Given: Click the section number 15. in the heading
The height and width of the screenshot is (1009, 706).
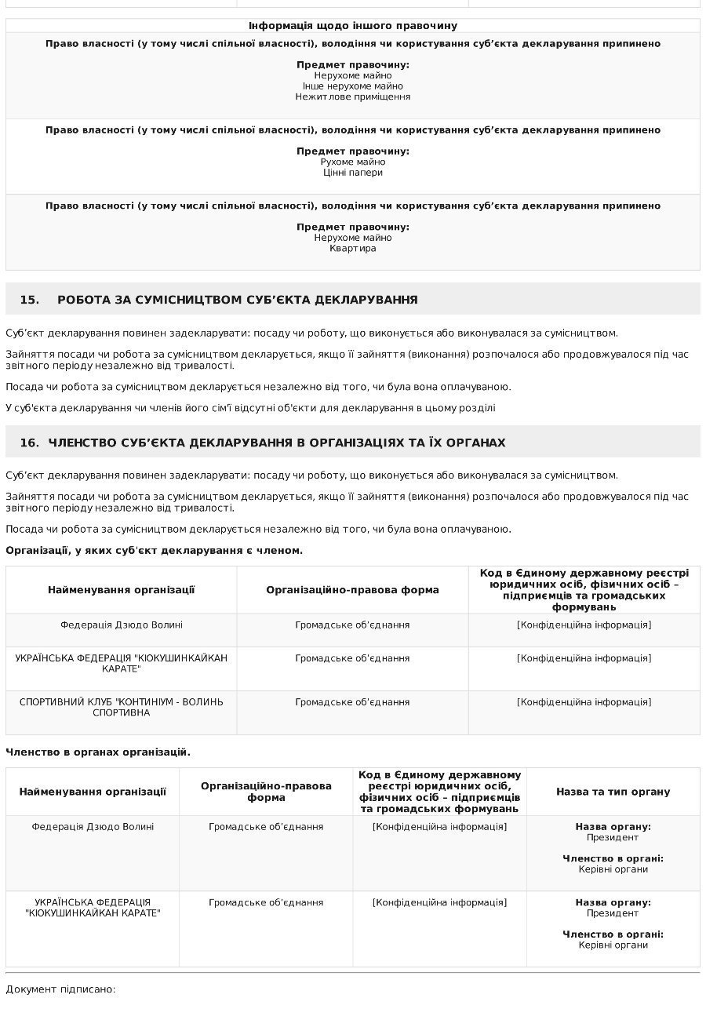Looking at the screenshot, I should [x=29, y=300].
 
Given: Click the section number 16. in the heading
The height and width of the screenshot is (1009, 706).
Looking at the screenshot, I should [x=29, y=443].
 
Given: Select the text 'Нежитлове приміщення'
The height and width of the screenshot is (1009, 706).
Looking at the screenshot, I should [x=353, y=97].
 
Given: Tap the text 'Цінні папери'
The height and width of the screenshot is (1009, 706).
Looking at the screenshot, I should [x=353, y=172].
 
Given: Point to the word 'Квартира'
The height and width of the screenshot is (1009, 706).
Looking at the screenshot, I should [x=353, y=248].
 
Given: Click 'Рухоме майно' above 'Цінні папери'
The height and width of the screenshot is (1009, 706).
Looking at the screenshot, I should [x=353, y=162].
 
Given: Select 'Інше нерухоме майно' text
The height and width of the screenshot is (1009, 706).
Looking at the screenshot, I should [x=353, y=86].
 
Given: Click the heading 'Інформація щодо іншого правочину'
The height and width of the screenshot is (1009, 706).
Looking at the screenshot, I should [x=353, y=26].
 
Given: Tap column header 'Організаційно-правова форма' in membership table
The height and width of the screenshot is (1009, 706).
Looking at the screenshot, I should [x=352, y=590].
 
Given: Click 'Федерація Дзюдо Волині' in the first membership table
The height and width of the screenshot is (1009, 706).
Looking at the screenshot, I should [x=122, y=625].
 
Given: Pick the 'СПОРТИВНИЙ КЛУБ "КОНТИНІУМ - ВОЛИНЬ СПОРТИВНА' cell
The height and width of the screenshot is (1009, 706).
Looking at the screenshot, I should [x=122, y=707].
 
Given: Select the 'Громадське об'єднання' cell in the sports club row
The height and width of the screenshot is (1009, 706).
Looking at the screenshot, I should [x=352, y=701].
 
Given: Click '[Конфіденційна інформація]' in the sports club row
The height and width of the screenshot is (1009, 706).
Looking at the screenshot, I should [x=584, y=701].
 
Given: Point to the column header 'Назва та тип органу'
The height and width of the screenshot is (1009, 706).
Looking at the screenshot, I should [x=613, y=792].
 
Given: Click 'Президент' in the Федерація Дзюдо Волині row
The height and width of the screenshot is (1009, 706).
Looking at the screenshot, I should [x=613, y=837].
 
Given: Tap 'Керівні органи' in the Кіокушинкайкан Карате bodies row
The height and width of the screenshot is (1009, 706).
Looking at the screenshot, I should [x=613, y=945].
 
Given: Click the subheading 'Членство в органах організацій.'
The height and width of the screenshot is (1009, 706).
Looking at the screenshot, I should [x=98, y=752].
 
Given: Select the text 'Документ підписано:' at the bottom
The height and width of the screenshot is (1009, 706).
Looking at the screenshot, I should [x=60, y=989].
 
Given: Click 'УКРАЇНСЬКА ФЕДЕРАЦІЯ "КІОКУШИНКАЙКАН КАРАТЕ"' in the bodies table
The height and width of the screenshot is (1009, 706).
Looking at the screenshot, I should [x=93, y=908].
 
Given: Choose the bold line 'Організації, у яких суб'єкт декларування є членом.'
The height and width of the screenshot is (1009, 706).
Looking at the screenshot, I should [x=154, y=550].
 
